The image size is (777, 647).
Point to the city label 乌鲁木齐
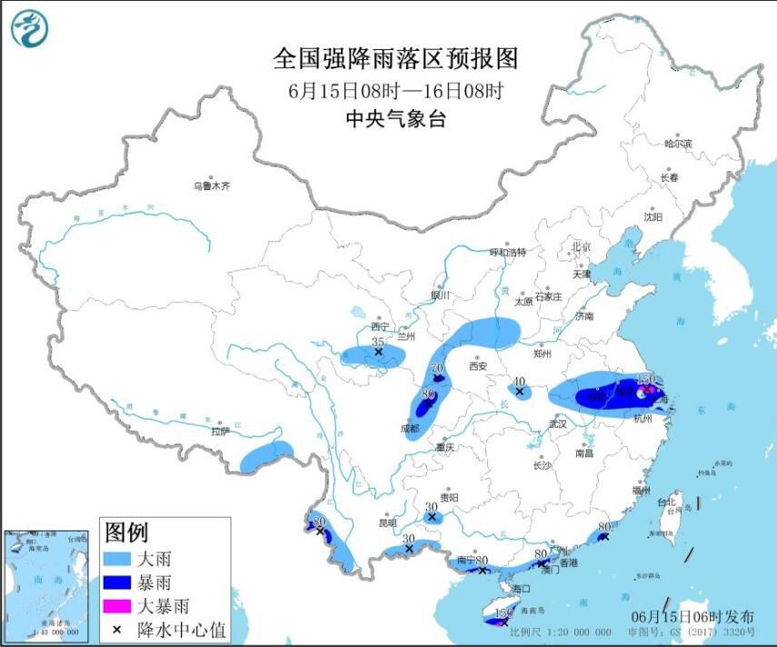click(211, 186)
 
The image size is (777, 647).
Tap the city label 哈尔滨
click(678, 144)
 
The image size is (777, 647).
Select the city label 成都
click(408, 428)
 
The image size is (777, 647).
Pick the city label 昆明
click(388, 523)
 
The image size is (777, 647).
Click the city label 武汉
click(557, 424)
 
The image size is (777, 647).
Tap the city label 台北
click(666, 501)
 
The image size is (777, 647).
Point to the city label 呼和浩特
click(508, 252)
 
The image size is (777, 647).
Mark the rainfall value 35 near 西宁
click(377, 341)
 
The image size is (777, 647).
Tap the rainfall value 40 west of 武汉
click(520, 381)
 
